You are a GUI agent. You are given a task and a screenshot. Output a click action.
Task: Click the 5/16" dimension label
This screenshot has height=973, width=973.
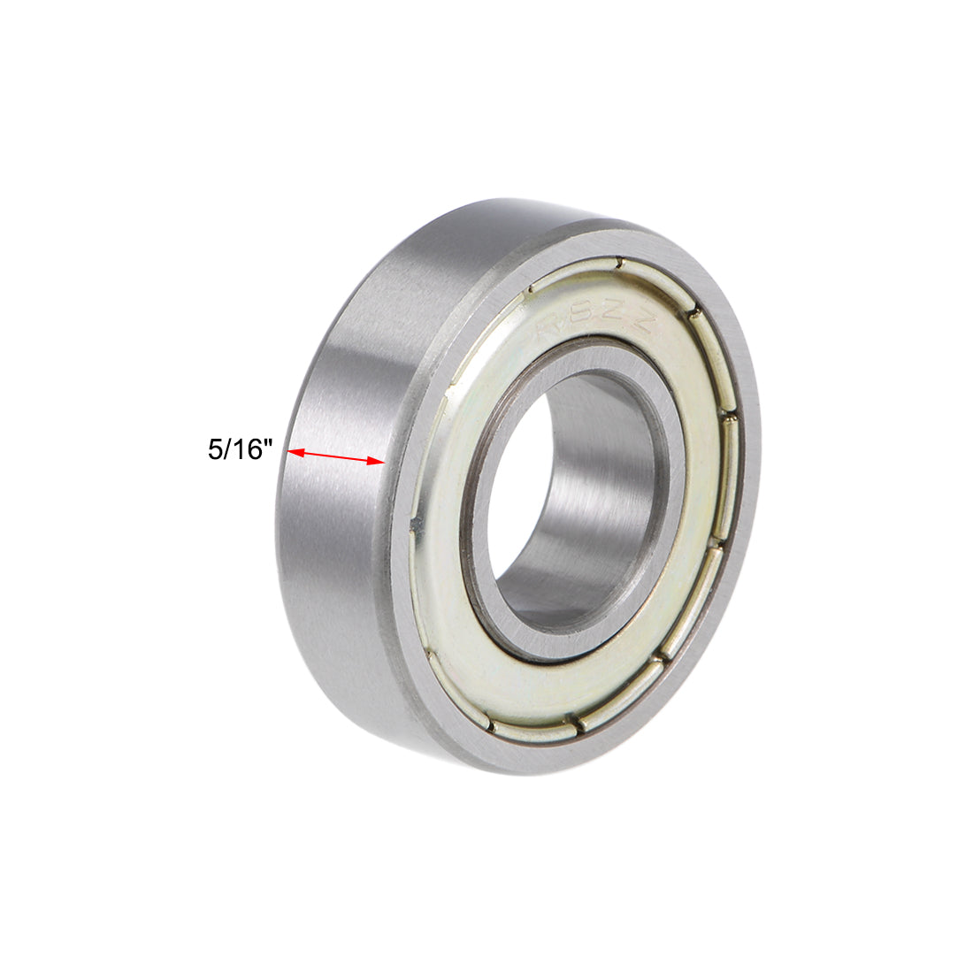[x=237, y=449]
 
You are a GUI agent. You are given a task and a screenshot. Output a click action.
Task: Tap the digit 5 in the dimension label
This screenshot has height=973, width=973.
[x=215, y=449]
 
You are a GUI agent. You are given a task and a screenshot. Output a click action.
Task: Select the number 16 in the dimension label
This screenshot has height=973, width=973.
[x=243, y=449]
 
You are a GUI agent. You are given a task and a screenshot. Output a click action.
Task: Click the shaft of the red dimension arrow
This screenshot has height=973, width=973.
[x=336, y=456]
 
